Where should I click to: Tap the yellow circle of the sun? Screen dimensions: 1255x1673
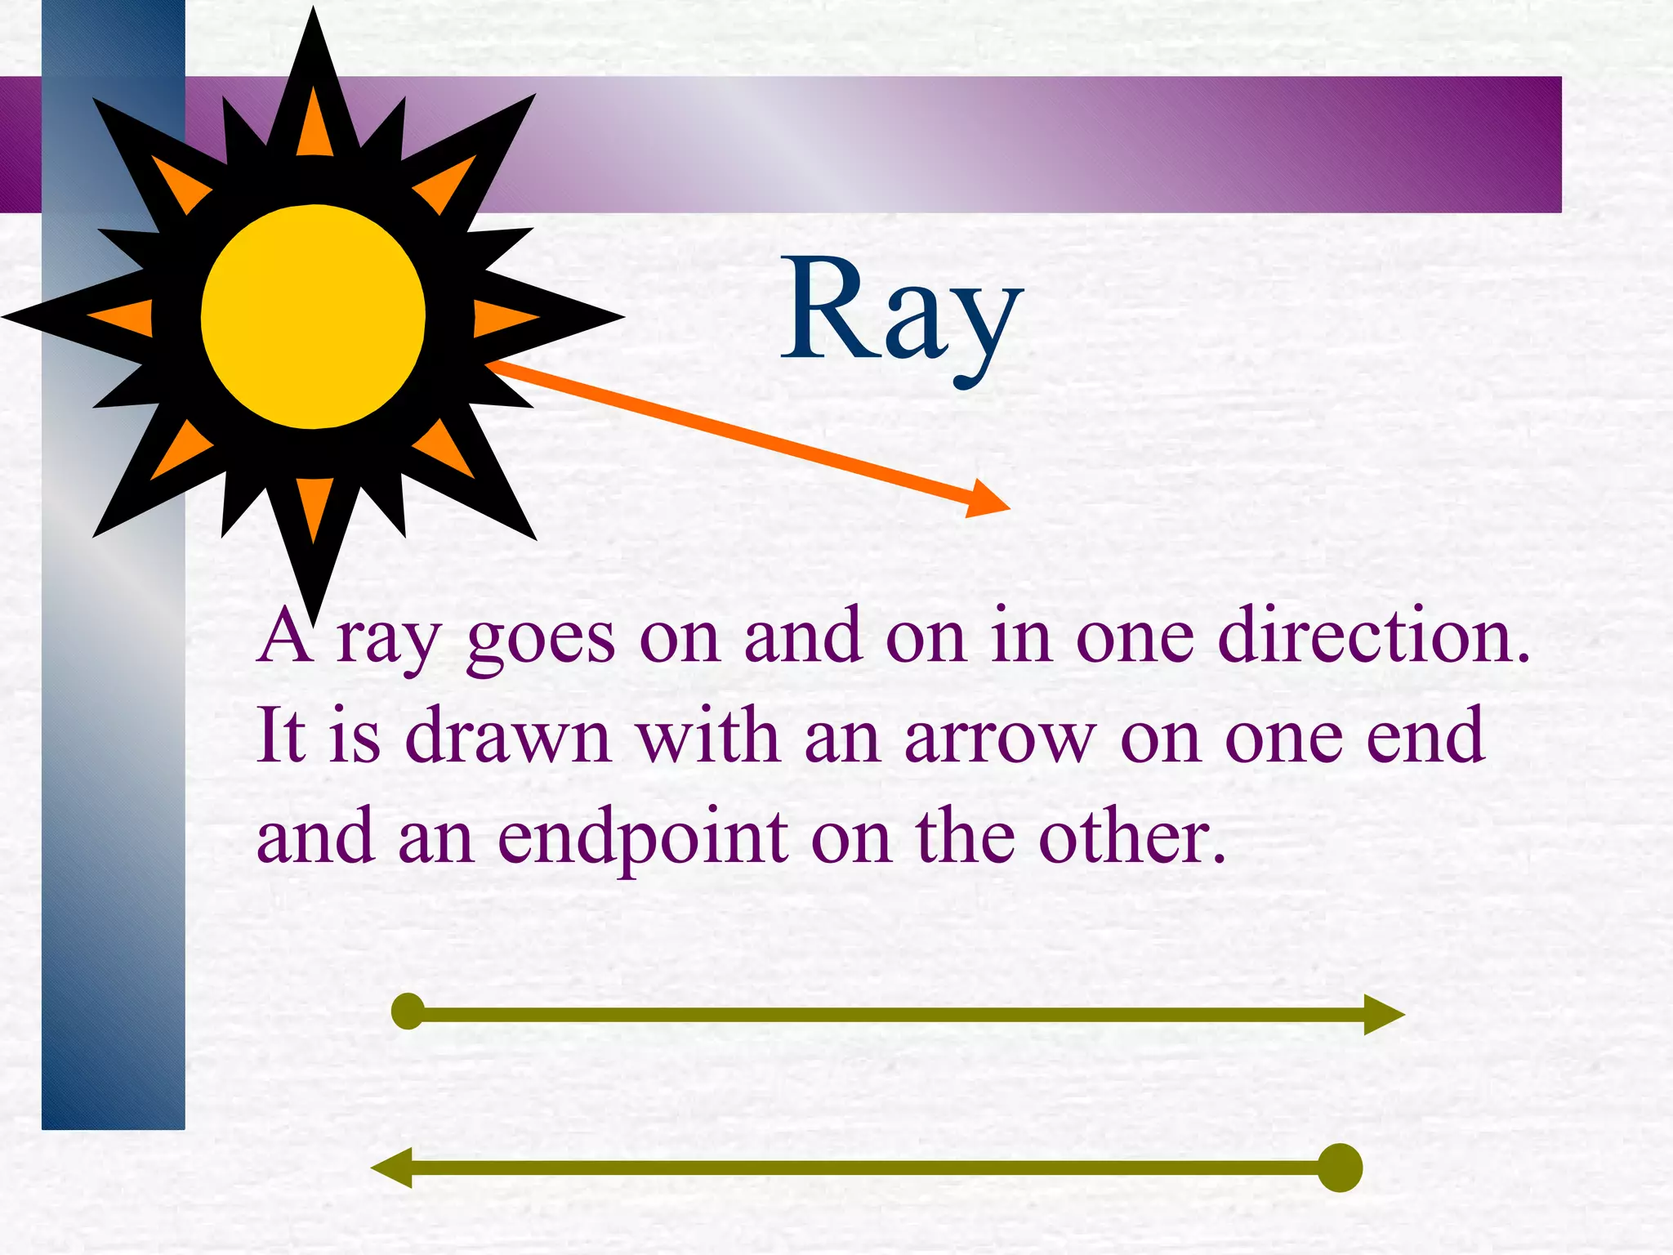(x=313, y=316)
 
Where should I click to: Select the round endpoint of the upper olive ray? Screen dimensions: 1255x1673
(x=408, y=1012)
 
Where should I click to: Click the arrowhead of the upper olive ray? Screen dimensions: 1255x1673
(x=1382, y=1015)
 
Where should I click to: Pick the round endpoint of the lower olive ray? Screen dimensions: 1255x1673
(x=1340, y=1168)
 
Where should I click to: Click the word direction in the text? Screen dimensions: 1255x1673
(x=1372, y=637)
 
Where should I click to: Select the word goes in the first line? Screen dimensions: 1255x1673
(x=540, y=641)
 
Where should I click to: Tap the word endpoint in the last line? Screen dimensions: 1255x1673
(x=643, y=840)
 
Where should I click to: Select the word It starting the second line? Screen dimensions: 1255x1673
(x=282, y=735)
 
